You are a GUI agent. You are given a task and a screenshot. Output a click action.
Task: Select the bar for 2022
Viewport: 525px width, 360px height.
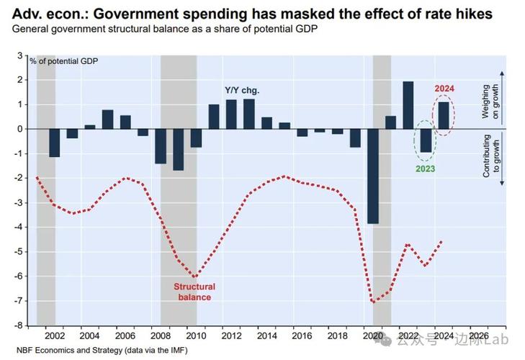tap(408, 105)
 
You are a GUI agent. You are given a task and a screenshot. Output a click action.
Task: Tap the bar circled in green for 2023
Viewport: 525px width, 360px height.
tap(426, 141)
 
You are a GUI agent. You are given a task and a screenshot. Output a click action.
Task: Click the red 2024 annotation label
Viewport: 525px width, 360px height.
tap(445, 89)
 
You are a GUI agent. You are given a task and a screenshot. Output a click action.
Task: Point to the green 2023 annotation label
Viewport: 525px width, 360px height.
tap(426, 169)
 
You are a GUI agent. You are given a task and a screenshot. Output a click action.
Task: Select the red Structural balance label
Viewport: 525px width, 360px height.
tap(194, 292)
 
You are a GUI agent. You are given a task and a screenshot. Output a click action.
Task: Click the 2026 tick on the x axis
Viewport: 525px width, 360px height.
tap(478, 336)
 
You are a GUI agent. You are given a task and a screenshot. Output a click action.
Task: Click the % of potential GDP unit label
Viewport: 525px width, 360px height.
tap(64, 60)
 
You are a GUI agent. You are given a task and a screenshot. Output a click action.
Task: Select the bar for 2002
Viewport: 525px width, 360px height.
tap(55, 143)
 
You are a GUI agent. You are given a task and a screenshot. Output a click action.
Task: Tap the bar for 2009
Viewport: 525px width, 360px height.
tap(178, 150)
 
